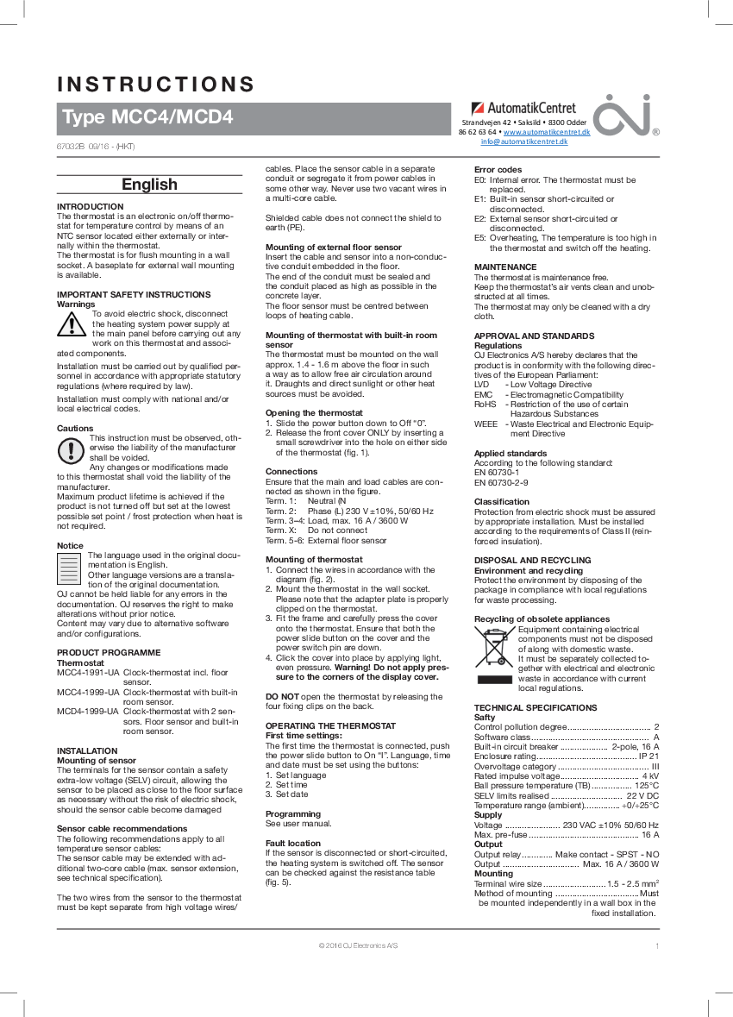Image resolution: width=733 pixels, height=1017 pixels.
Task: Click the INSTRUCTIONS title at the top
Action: click(x=155, y=85)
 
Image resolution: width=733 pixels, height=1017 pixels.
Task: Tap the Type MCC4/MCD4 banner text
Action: click(x=147, y=117)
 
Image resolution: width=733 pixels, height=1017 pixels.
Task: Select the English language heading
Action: click(x=149, y=185)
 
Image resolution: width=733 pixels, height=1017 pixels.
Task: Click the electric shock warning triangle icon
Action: click(x=72, y=323)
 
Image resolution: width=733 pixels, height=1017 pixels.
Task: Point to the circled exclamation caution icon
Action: click(x=71, y=449)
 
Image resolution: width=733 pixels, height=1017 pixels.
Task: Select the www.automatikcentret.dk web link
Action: click(x=546, y=133)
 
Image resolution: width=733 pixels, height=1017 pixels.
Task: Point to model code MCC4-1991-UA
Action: click(x=87, y=671)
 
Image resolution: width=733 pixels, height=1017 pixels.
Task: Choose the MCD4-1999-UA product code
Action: click(x=87, y=711)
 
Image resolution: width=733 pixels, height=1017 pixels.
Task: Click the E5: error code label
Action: click(x=480, y=237)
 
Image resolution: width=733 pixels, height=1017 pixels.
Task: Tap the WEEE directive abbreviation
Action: click(x=486, y=424)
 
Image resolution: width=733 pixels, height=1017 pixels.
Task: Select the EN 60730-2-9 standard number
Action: click(x=502, y=482)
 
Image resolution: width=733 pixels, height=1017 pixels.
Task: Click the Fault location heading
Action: click(x=293, y=843)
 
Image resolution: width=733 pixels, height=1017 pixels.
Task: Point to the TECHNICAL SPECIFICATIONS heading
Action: click(x=536, y=707)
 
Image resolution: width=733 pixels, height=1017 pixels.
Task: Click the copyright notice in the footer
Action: click(x=359, y=945)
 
